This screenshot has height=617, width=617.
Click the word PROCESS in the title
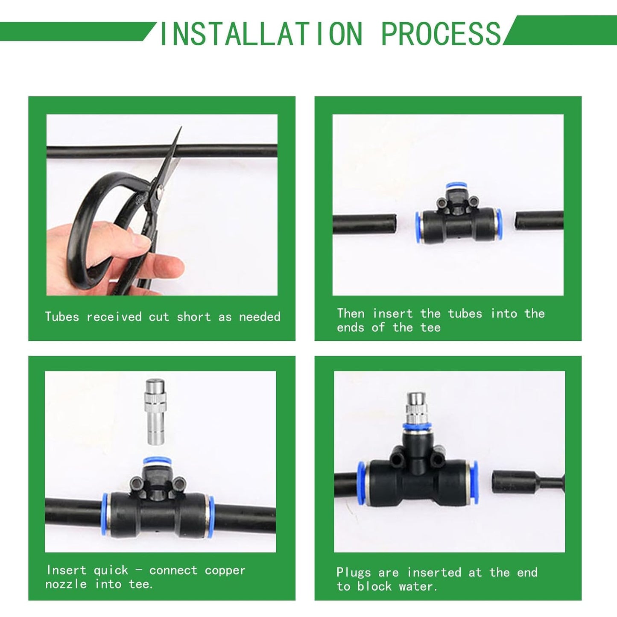click(441, 34)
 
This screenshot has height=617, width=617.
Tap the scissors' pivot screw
click(159, 194)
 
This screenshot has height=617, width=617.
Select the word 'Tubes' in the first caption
click(62, 317)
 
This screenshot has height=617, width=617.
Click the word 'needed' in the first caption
click(260, 317)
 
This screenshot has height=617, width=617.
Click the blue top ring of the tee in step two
click(456, 187)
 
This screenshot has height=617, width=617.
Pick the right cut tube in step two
click(539, 220)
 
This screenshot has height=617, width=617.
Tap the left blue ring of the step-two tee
click(418, 227)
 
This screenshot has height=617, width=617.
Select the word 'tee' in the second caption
click(430, 328)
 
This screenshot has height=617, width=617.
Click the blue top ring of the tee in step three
click(157, 462)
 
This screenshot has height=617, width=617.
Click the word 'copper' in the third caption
click(225, 570)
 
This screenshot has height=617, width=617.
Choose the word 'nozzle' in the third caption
click(66, 584)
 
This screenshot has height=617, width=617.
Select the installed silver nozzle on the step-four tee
click(416, 408)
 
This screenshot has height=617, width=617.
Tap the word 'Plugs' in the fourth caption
click(353, 573)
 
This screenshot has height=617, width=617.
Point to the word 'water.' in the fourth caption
click(418, 587)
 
